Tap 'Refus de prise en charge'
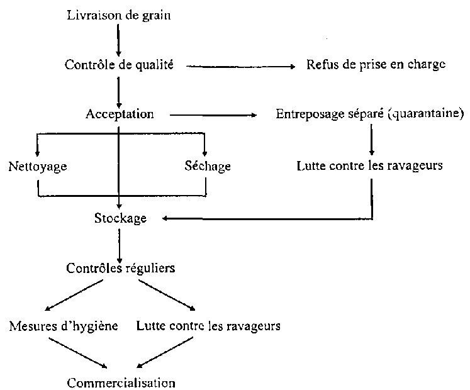coord(377,64)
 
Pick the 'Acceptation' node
coord(120,114)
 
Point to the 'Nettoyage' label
coord(38,167)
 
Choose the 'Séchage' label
coord(208,167)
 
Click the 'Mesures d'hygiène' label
coord(64,326)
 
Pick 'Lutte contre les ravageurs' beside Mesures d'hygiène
coord(208,326)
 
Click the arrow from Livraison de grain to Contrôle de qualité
coord(118,38)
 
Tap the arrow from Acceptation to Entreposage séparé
coord(214,115)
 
